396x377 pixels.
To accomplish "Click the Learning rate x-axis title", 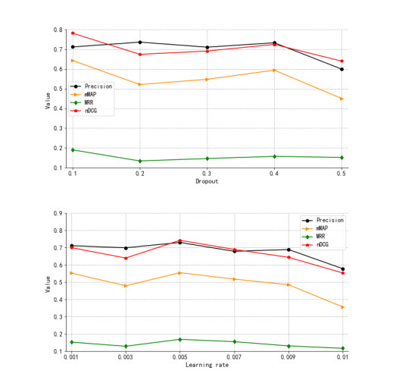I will coord(207,365).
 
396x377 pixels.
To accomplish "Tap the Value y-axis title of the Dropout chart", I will coord(48,99).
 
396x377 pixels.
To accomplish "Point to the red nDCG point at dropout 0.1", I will coord(73,33).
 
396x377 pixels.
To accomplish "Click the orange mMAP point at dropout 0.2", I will coord(140,84).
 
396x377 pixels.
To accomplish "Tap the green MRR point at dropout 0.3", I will coord(207,159).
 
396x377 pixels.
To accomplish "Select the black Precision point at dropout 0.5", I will coord(342,69).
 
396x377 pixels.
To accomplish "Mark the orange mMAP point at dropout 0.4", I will coord(275,70).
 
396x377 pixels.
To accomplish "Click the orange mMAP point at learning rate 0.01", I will coord(342,307).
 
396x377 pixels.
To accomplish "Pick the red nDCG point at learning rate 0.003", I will coord(126,258).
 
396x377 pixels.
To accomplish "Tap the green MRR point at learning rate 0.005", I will coord(180,339).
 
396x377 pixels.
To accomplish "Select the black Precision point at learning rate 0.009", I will coord(288,250).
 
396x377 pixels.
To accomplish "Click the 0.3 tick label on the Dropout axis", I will coord(207,174).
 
